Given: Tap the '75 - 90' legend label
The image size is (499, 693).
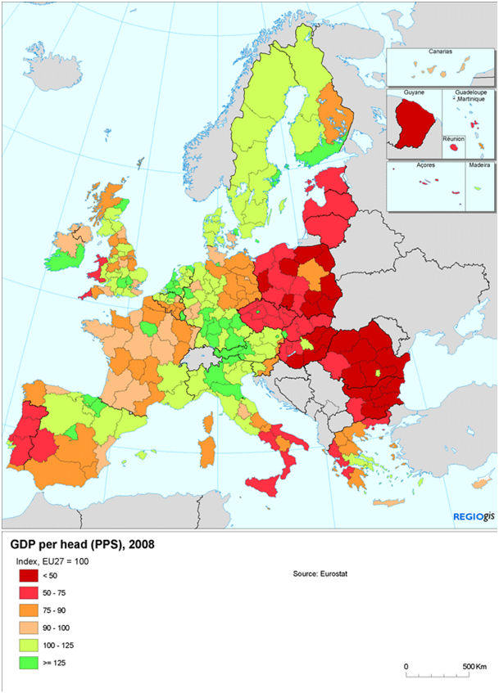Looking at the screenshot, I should [x=66, y=610].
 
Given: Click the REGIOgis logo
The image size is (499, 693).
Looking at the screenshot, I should [x=473, y=516].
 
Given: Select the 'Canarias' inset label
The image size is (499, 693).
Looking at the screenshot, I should [x=440, y=51].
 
